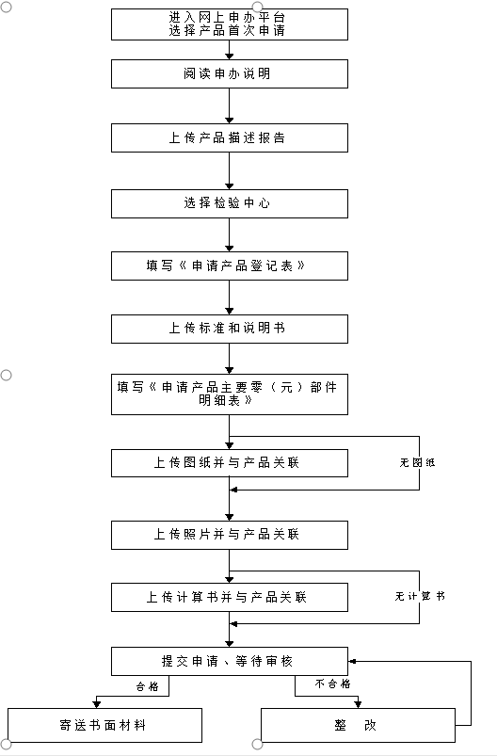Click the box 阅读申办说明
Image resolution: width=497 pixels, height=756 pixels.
(230, 73)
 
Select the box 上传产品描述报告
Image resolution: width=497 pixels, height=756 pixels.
(230, 137)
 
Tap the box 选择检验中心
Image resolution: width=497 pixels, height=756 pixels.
(230, 203)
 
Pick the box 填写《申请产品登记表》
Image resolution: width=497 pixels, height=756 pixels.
(230, 265)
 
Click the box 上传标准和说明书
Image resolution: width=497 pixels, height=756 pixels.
(230, 329)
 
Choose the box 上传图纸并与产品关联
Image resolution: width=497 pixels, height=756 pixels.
(230, 463)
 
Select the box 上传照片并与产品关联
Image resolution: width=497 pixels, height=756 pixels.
(230, 535)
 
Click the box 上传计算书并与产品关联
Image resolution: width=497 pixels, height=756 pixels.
(230, 598)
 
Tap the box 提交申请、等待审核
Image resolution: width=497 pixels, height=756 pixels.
(230, 662)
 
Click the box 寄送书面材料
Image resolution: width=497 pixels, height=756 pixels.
(104, 725)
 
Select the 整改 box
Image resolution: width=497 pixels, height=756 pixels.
(359, 725)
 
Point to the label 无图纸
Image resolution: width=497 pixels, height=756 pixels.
(417, 463)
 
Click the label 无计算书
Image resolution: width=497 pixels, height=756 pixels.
(420, 596)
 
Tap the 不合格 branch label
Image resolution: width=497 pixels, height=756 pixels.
(332, 684)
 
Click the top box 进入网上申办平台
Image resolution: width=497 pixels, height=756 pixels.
(230, 24)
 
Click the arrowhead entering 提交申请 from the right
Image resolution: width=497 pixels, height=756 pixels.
(352, 662)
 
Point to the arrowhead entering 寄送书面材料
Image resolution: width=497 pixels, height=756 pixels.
(97, 704)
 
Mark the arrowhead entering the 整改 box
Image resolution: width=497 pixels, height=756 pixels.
(358, 704)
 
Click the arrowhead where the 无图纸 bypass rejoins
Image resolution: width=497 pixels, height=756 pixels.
(233, 490)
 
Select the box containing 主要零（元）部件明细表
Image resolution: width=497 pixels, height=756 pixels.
(230, 394)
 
